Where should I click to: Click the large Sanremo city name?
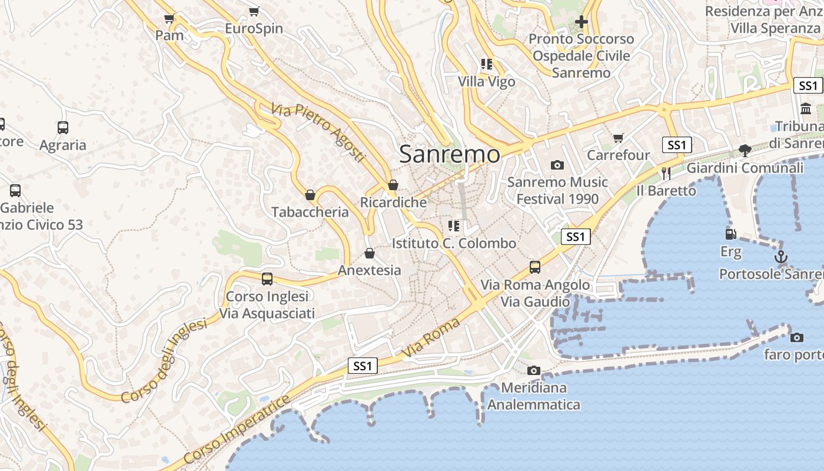(450, 154)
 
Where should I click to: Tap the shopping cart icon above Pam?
(170, 19)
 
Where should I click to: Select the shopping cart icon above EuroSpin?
(254, 11)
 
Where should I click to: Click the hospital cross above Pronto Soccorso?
(581, 22)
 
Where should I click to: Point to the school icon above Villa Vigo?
(486, 64)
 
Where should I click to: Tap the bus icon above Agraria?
(63, 127)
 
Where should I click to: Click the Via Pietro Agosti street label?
(318, 133)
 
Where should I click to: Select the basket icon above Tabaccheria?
(310, 195)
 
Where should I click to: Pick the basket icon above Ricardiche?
(393, 185)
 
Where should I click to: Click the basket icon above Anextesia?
(369, 253)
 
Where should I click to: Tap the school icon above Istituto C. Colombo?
(453, 225)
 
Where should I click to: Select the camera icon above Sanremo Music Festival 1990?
(557, 165)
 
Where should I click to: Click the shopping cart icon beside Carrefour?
(618, 138)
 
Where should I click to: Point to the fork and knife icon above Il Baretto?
(666, 173)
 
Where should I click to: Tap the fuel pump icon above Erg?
(730, 234)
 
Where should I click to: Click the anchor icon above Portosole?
(780, 257)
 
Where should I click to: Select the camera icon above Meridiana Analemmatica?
(534, 370)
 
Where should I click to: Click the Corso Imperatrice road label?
(237, 430)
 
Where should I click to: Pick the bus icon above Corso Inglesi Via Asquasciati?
(267, 278)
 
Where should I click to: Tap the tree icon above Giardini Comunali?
(745, 150)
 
